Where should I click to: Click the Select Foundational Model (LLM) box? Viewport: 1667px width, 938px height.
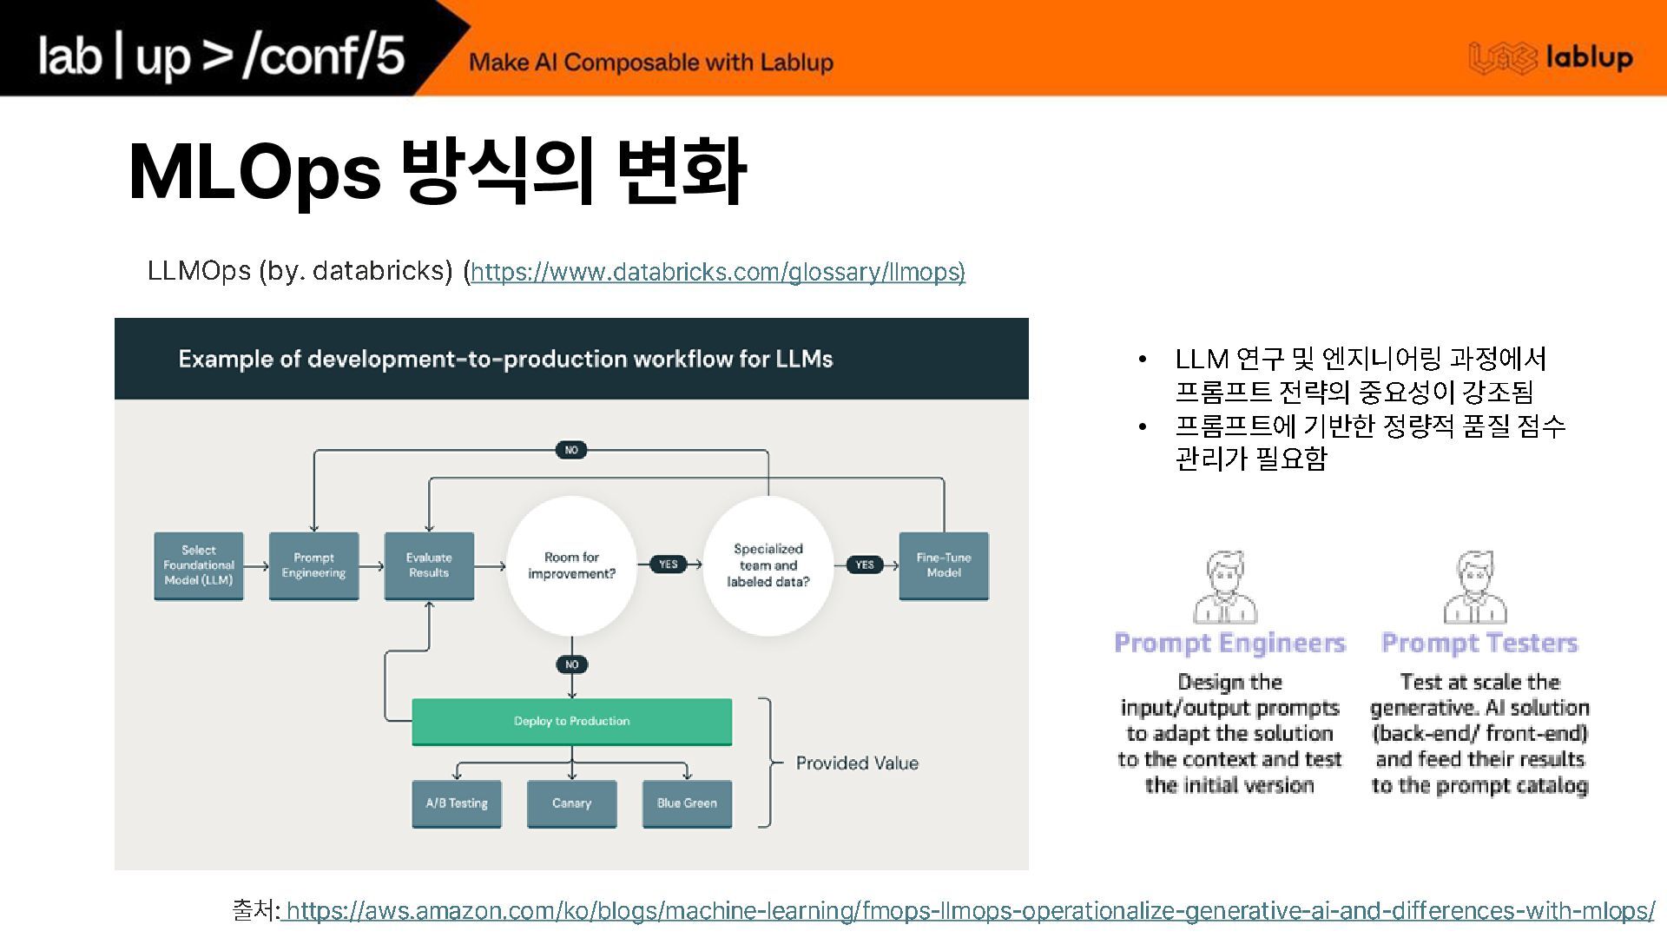tap(199, 565)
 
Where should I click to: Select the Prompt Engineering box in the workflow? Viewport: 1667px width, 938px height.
tap(313, 565)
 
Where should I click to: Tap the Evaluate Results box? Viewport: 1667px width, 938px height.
tap(429, 565)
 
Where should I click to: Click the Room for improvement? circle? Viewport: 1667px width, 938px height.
tap(571, 565)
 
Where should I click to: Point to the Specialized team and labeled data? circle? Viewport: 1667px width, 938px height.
tap(768, 565)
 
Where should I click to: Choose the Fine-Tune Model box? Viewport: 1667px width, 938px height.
tap(944, 565)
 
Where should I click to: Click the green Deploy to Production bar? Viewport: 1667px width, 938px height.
tap(571, 721)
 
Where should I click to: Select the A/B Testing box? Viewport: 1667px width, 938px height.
tap(457, 803)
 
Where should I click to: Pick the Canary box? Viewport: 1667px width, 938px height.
tap(571, 803)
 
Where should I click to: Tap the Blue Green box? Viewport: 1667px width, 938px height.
tap(687, 803)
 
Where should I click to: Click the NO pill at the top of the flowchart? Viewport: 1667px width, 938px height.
tap(571, 450)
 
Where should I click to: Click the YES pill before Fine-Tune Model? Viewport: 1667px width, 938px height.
tap(865, 565)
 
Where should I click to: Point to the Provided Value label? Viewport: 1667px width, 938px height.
tap(857, 763)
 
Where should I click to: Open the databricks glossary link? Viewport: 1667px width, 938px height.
tap(717, 272)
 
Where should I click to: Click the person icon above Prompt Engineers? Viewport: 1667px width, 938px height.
tap(1225, 587)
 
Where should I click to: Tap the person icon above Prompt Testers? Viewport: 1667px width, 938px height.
tap(1475, 587)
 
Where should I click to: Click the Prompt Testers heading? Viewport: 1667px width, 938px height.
tap(1479, 643)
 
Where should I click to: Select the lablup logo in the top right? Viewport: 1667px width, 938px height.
tap(1551, 58)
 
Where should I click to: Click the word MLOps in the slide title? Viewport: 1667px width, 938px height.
tap(254, 171)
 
